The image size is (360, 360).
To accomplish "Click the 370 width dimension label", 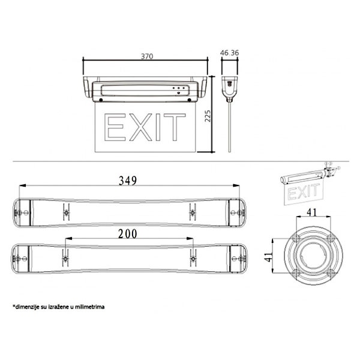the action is [x=147, y=56].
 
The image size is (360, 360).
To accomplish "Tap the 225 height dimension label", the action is [x=208, y=116].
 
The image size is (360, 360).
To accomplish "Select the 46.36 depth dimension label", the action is [x=229, y=53].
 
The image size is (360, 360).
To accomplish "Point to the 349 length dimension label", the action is [x=128, y=181].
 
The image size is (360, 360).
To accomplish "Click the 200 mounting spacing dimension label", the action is [x=128, y=234].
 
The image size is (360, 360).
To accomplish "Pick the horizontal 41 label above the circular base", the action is [x=311, y=212].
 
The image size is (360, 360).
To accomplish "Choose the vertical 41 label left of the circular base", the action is [x=268, y=257].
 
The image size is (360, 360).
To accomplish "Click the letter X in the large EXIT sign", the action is [x=140, y=127].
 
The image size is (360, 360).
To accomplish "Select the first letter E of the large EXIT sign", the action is [x=115, y=127].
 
